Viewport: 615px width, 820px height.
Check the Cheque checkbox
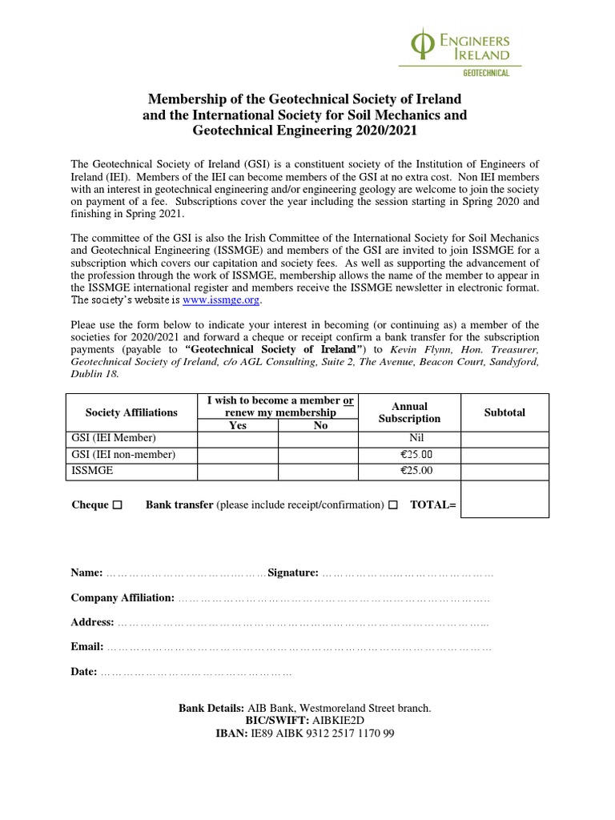pyautogui.click(x=118, y=505)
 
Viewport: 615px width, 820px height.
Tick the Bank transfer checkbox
pyautogui.click(x=392, y=505)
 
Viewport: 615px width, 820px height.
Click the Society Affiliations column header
pyautogui.click(x=131, y=412)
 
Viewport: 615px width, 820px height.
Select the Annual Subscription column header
pyautogui.click(x=409, y=412)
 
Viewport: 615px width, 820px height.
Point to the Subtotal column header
pyautogui.click(x=504, y=412)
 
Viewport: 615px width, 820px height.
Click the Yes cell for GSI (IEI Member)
pyautogui.click(x=238, y=440)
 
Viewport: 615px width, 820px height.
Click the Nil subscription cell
pyautogui.click(x=409, y=440)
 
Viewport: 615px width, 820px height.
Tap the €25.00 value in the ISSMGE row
pyautogui.click(x=416, y=471)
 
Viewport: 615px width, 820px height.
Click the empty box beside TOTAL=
pyautogui.click(x=504, y=499)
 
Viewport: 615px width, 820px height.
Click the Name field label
pyautogui.click(x=86, y=573)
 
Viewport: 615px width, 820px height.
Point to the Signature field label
pyautogui.click(x=293, y=573)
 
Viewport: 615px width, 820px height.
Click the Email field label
pyautogui.click(x=86, y=647)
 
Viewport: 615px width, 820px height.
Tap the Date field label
pyautogui.click(x=84, y=672)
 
